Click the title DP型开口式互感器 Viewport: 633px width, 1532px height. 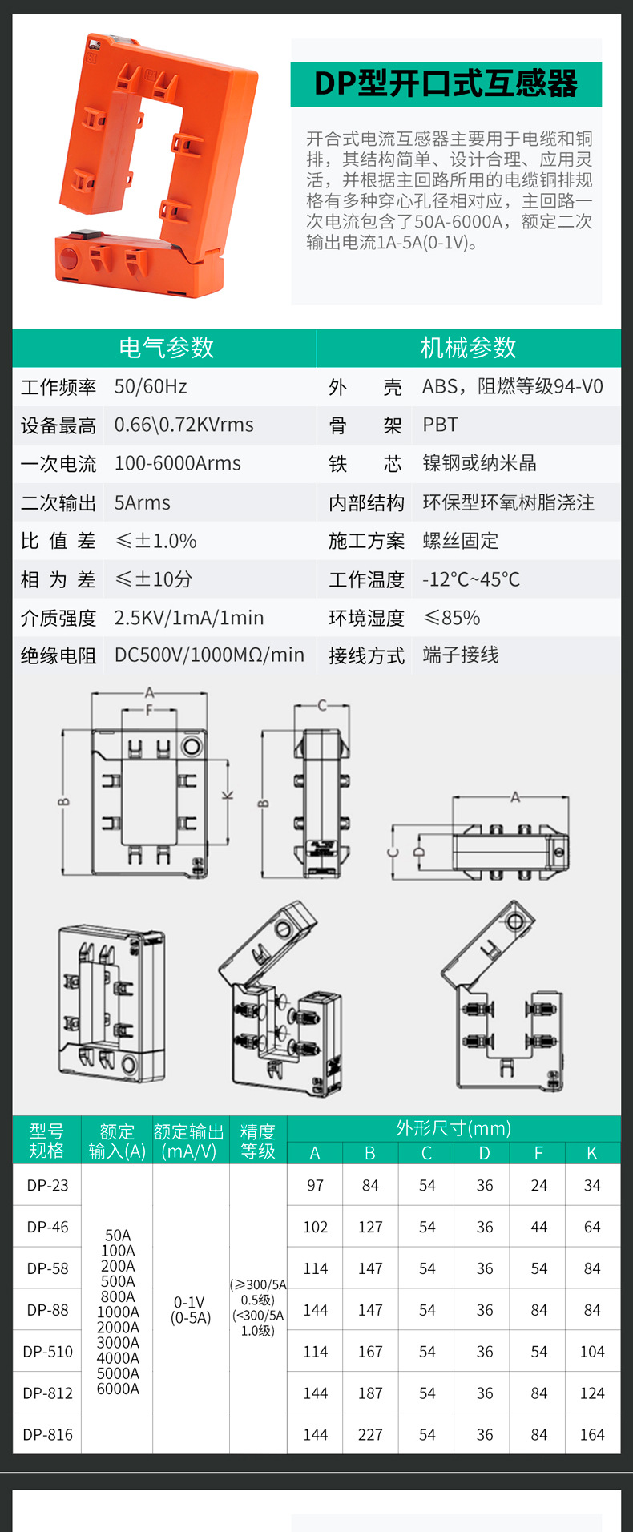point(446,84)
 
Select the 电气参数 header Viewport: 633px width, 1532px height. point(166,348)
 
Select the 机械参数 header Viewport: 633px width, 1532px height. point(468,348)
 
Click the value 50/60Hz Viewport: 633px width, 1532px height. point(151,387)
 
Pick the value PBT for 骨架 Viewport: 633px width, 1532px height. point(440,425)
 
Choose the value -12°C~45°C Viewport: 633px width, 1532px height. point(471,579)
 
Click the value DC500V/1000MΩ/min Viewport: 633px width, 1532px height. point(209,655)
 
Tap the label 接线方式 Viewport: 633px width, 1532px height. point(366,656)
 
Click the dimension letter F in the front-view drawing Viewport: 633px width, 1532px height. point(149,711)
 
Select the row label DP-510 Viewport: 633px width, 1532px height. point(47,1352)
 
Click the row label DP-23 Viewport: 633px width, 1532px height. point(47,1185)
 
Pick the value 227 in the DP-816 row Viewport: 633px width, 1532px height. point(370,1435)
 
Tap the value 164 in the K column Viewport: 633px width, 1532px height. point(592,1435)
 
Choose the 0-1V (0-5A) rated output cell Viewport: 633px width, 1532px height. point(191,1310)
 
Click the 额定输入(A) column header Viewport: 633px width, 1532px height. point(117,1141)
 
